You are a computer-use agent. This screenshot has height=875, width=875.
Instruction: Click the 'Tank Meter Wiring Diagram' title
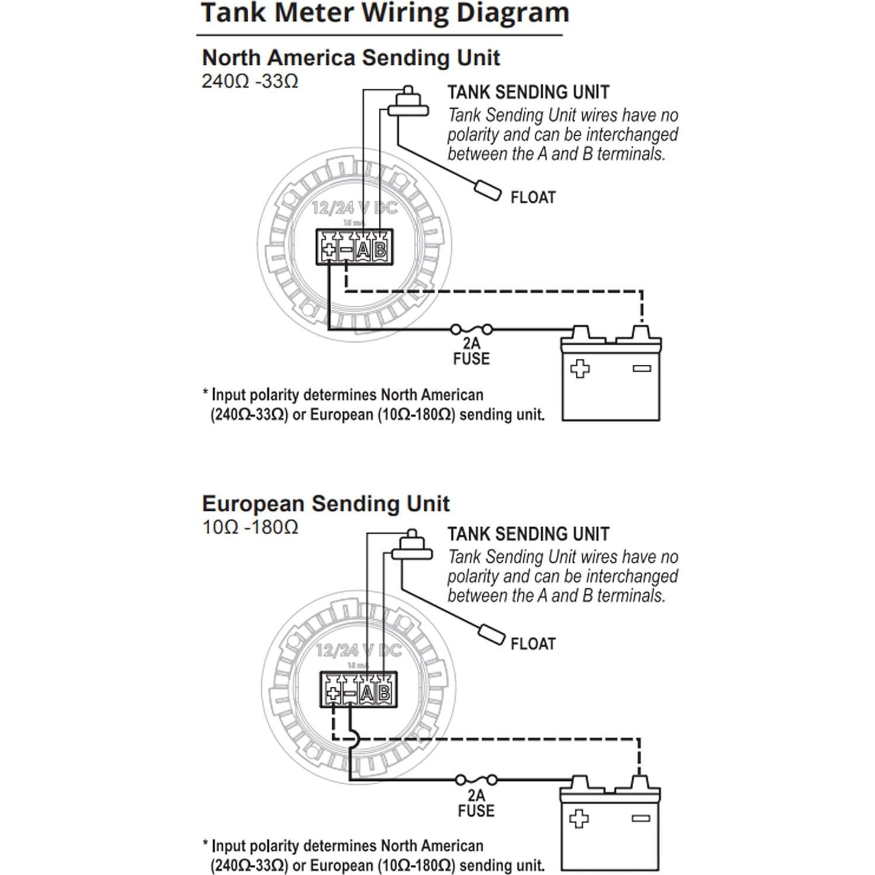(x=385, y=13)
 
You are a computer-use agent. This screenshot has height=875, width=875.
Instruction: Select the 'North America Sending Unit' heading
(x=351, y=58)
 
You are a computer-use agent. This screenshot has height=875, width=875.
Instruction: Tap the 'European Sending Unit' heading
(x=326, y=504)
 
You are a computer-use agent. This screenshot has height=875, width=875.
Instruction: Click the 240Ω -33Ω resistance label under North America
(x=250, y=81)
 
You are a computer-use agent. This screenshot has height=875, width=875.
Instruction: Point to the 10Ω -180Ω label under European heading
(x=250, y=527)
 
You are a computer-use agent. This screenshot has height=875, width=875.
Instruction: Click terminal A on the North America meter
(x=364, y=250)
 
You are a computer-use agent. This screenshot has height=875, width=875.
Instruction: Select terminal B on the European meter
(x=384, y=693)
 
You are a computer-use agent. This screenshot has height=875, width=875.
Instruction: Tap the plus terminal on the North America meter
(x=329, y=250)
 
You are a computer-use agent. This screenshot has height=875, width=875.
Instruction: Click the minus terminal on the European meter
(x=350, y=693)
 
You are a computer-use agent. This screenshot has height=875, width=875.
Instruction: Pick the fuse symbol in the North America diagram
(x=471, y=329)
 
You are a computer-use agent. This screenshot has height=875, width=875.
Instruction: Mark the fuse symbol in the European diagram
(x=476, y=780)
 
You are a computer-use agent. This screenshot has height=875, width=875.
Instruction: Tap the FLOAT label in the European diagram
(x=533, y=644)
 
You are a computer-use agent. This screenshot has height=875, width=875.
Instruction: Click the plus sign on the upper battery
(x=580, y=369)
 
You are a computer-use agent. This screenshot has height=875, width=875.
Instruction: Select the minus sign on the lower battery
(x=641, y=818)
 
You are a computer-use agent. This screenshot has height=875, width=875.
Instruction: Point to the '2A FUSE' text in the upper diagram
(x=471, y=351)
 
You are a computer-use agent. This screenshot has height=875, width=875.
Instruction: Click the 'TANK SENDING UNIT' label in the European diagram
(x=528, y=534)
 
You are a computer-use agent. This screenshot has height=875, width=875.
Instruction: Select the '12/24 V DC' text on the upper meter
(x=354, y=207)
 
